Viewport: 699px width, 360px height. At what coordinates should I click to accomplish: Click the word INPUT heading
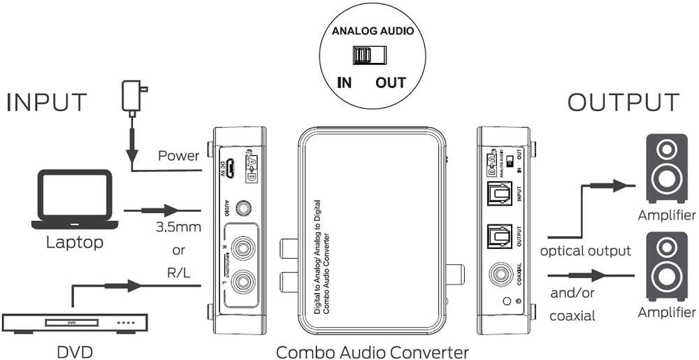(48, 102)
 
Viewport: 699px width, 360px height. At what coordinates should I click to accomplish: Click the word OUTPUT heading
(623, 102)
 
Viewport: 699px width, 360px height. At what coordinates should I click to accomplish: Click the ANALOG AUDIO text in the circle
(368, 31)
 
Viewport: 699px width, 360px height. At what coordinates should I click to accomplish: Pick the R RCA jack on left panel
(242, 247)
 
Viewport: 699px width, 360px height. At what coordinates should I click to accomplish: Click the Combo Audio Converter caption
(372, 350)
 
